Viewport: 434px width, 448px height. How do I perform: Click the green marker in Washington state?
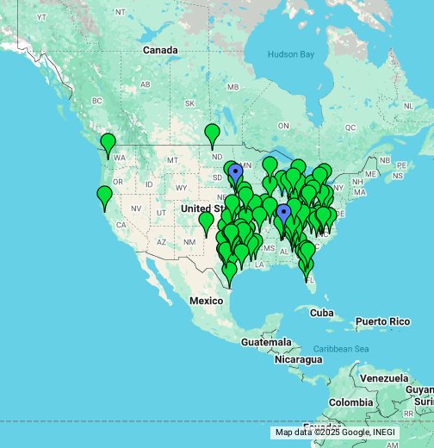click(x=108, y=143)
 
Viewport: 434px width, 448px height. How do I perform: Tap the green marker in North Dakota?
click(x=212, y=134)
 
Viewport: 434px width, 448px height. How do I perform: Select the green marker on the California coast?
click(x=104, y=196)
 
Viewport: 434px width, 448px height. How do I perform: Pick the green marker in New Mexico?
click(x=206, y=221)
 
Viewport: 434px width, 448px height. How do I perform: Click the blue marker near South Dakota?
click(x=236, y=173)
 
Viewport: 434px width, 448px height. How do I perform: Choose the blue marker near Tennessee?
click(x=283, y=213)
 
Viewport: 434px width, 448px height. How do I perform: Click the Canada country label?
click(x=160, y=50)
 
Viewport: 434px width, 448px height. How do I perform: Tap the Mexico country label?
click(x=207, y=300)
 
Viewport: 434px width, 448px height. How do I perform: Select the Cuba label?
click(x=321, y=312)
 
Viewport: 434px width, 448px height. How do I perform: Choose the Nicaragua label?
click(x=299, y=359)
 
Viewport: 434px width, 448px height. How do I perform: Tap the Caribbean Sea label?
click(x=341, y=348)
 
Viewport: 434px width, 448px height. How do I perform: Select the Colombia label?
click(x=350, y=402)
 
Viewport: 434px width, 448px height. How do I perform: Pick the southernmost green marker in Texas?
click(x=229, y=272)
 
